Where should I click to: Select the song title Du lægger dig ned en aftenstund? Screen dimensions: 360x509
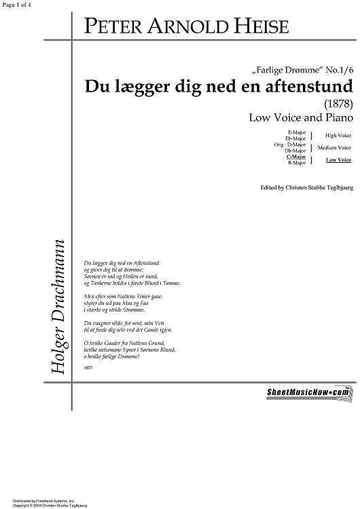pyautogui.click(x=218, y=88)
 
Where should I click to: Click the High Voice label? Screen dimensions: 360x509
pyautogui.click(x=338, y=135)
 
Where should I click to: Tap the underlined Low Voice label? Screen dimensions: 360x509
pyautogui.click(x=338, y=159)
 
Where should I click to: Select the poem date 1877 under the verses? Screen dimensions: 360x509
pyautogui.click(x=87, y=366)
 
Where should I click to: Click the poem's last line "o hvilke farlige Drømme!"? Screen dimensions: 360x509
pyautogui.click(x=111, y=356)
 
